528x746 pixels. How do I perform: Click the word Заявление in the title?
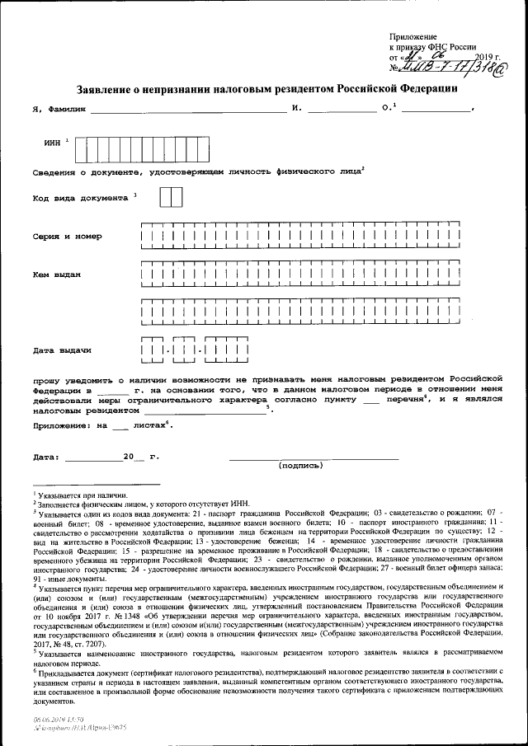click(104, 87)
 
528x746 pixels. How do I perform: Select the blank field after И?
click(341, 109)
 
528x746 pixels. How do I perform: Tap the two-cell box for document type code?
click(171, 198)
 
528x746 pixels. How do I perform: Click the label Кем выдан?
click(57, 274)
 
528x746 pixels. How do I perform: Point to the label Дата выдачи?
click(62, 350)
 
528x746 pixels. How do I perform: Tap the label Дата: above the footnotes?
click(46, 456)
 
